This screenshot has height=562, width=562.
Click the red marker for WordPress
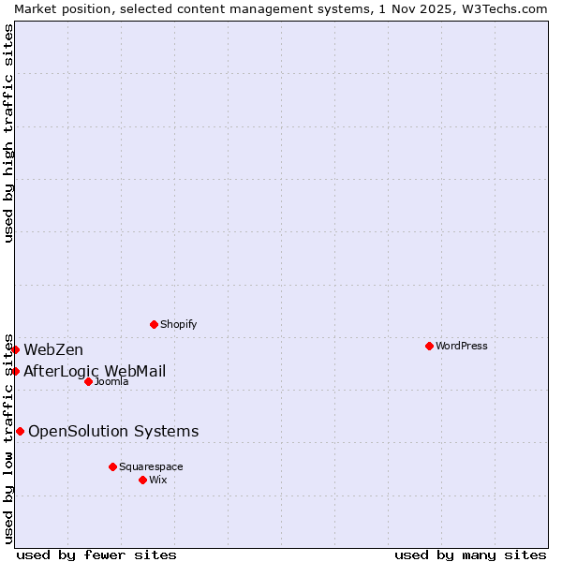tap(429, 346)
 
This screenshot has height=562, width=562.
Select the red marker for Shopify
tap(154, 324)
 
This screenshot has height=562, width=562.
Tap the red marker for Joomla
tap(88, 381)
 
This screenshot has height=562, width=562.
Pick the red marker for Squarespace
tap(112, 466)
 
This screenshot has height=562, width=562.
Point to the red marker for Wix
tap(142, 480)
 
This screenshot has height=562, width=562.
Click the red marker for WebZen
tap(15, 349)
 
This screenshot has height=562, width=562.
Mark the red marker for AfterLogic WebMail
tap(15, 371)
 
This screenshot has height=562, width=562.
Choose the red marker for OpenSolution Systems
tap(20, 431)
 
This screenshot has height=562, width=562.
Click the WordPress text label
tap(462, 346)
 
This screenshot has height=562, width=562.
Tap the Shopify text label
tap(178, 324)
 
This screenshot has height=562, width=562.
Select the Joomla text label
tap(111, 381)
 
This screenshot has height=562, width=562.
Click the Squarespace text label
tap(151, 466)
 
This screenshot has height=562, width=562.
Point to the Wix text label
tap(158, 480)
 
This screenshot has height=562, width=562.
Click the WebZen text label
tap(53, 349)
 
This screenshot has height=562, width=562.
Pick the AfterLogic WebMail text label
tap(95, 371)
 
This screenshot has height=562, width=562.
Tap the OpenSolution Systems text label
tap(113, 431)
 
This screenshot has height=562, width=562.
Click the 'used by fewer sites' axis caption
tap(96, 555)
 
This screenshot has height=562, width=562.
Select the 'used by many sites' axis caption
tap(470, 555)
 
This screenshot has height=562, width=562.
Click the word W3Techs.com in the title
tap(501, 8)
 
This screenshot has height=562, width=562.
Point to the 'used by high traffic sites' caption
tap(8, 133)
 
